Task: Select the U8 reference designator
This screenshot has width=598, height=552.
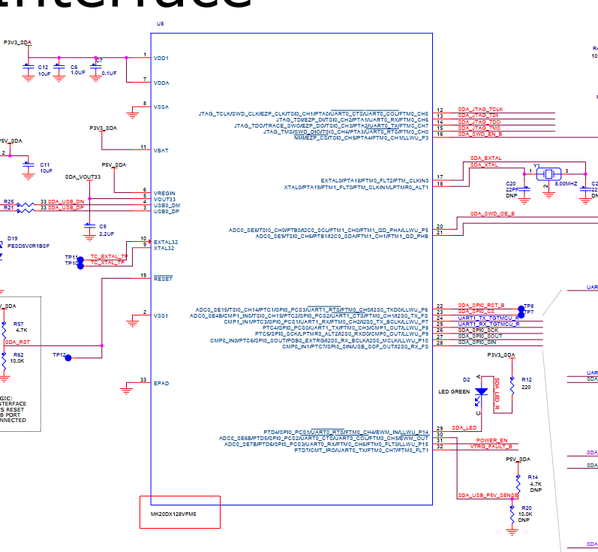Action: click(x=160, y=24)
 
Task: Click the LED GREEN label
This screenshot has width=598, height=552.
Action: click(x=454, y=391)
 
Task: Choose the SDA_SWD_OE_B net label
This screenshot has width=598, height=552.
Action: click(x=493, y=214)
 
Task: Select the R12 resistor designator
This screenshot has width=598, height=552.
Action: click(x=527, y=380)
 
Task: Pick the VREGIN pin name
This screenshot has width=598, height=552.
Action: click(x=165, y=193)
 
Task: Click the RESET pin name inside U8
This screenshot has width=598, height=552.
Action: click(x=163, y=279)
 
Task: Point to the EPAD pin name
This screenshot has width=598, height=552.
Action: click(x=161, y=383)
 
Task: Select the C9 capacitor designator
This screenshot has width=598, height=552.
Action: click(x=103, y=226)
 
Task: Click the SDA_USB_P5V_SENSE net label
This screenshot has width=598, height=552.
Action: click(x=488, y=496)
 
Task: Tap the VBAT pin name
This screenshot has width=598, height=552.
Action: click(x=161, y=150)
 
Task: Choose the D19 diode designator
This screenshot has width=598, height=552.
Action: click(x=13, y=238)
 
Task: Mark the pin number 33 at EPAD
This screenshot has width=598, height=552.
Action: click(x=143, y=380)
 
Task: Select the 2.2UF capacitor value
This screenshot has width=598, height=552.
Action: click(x=107, y=234)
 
